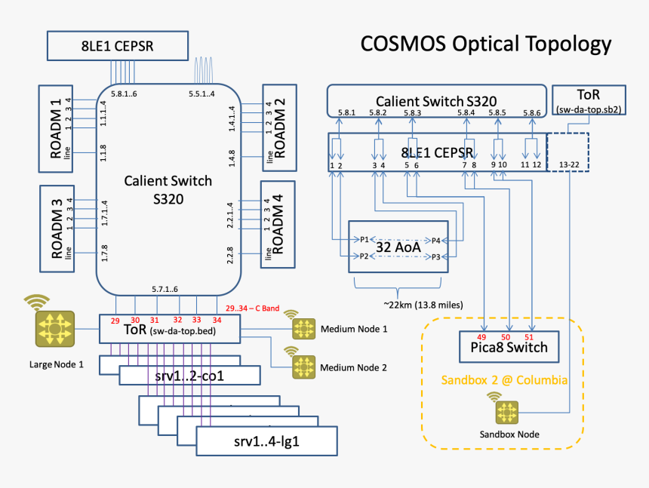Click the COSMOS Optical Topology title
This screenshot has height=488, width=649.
pyautogui.click(x=485, y=43)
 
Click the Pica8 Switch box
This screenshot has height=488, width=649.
pyautogui.click(x=509, y=348)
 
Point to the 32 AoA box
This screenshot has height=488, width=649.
pyautogui.click(x=398, y=247)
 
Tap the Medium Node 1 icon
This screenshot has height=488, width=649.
pyautogui.click(x=305, y=329)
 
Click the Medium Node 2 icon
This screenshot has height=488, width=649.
pyautogui.click(x=305, y=367)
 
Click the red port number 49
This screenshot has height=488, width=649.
pyautogui.click(x=482, y=336)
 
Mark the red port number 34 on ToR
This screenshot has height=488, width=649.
pyautogui.click(x=217, y=321)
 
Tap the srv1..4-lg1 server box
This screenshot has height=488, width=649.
pyautogui.click(x=265, y=440)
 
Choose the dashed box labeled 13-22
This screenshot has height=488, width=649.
pyautogui.click(x=569, y=152)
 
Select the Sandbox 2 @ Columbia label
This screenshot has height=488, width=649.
pyautogui.click(x=503, y=379)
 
